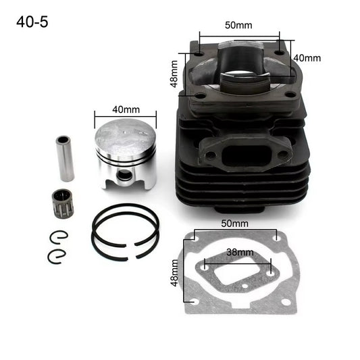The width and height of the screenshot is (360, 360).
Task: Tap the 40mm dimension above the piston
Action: pyautogui.click(x=126, y=109)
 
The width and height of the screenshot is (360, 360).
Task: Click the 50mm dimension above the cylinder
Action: pyautogui.click(x=238, y=25)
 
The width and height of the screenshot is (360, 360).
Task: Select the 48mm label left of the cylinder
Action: pyautogui.click(x=174, y=74)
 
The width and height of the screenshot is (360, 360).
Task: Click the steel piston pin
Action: pyautogui.click(x=66, y=159)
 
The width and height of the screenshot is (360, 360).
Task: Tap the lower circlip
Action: pyautogui.click(x=59, y=257)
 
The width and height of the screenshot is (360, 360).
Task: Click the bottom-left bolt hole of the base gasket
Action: pyautogui.click(x=195, y=302)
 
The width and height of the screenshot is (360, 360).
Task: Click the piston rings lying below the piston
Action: pyautogui.click(x=126, y=234)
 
